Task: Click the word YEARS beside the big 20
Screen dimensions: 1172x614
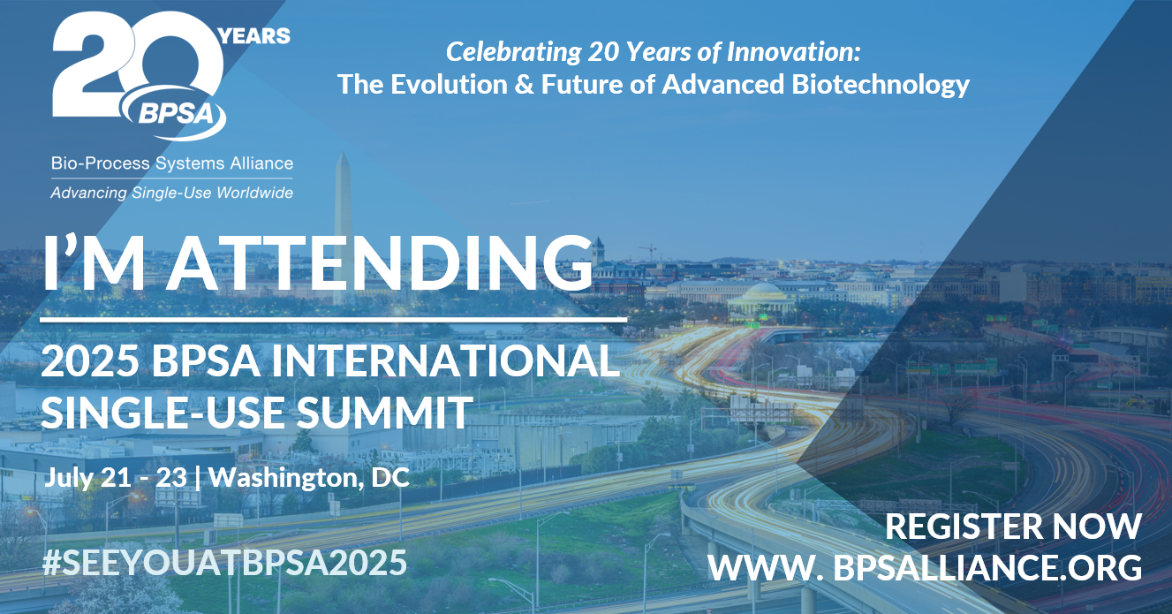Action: [x=254, y=36]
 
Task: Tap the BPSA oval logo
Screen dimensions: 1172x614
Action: [x=174, y=113]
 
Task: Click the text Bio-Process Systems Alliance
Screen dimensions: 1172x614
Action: [x=171, y=163]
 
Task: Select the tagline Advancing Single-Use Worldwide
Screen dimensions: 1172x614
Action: [x=171, y=193]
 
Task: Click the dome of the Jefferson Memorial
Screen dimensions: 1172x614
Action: [x=764, y=290]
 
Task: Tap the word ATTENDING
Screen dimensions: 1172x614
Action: [x=380, y=262]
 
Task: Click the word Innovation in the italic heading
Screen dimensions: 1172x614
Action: [x=793, y=51]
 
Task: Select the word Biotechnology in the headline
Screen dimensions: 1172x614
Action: [x=881, y=85]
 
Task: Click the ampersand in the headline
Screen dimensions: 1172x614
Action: [x=524, y=84]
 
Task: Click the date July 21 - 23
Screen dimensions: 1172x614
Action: [x=115, y=477]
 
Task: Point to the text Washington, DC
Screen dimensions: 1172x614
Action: [x=309, y=478]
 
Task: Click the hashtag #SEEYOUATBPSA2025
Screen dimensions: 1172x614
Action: [x=224, y=563]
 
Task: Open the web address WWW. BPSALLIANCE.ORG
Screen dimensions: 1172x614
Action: [x=925, y=567]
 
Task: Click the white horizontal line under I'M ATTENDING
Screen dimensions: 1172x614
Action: [x=333, y=319]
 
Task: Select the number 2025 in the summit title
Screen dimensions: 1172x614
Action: [x=90, y=360]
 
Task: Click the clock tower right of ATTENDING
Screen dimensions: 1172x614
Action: [x=598, y=251]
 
